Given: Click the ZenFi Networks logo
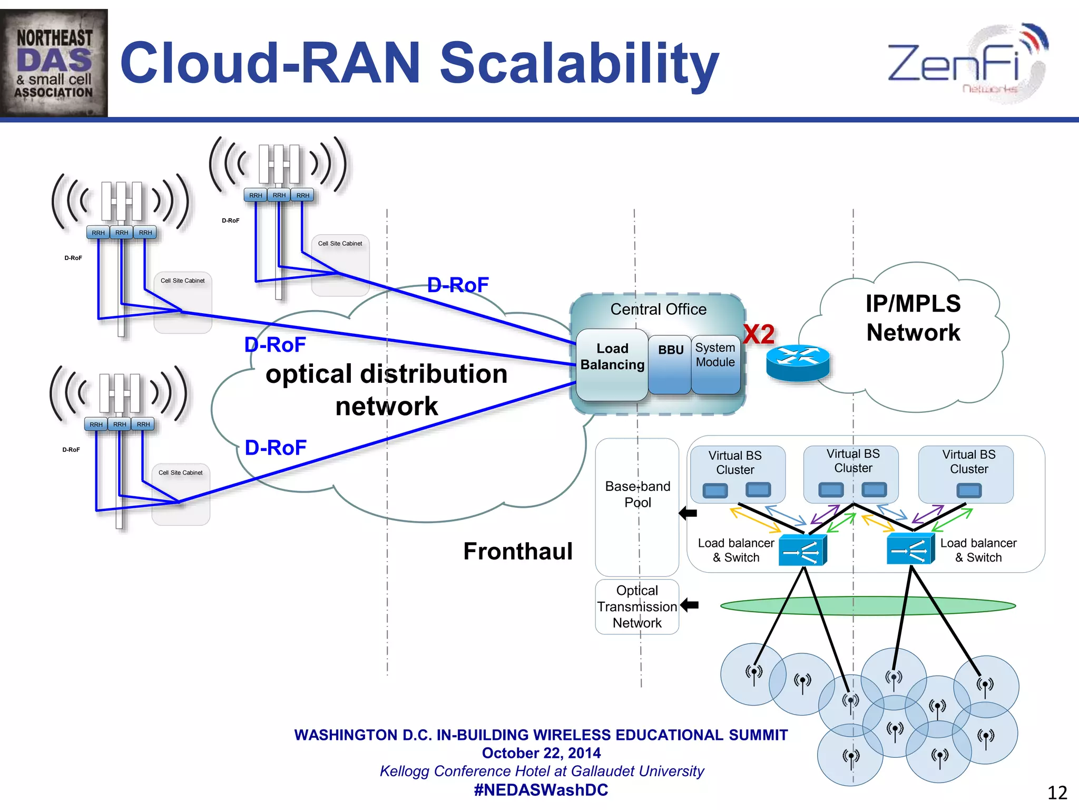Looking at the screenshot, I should [x=967, y=63].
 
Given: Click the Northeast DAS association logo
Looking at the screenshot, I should [x=54, y=63].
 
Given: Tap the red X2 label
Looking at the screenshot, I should [x=759, y=334].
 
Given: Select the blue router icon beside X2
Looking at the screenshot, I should [x=798, y=362].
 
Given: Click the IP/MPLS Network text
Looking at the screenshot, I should [x=913, y=318].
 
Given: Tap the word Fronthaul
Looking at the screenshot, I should [x=517, y=551].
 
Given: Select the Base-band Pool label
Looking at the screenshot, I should [x=637, y=494].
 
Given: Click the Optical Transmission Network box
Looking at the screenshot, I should [x=637, y=606].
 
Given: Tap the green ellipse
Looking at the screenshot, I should [x=867, y=606].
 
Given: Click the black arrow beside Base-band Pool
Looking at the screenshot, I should [x=688, y=513].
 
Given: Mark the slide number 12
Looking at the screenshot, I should [x=1056, y=793].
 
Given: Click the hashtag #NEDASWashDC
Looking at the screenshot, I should [x=541, y=790].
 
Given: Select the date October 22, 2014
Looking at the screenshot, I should [x=541, y=753].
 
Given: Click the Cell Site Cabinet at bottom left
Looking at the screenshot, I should [x=181, y=494].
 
